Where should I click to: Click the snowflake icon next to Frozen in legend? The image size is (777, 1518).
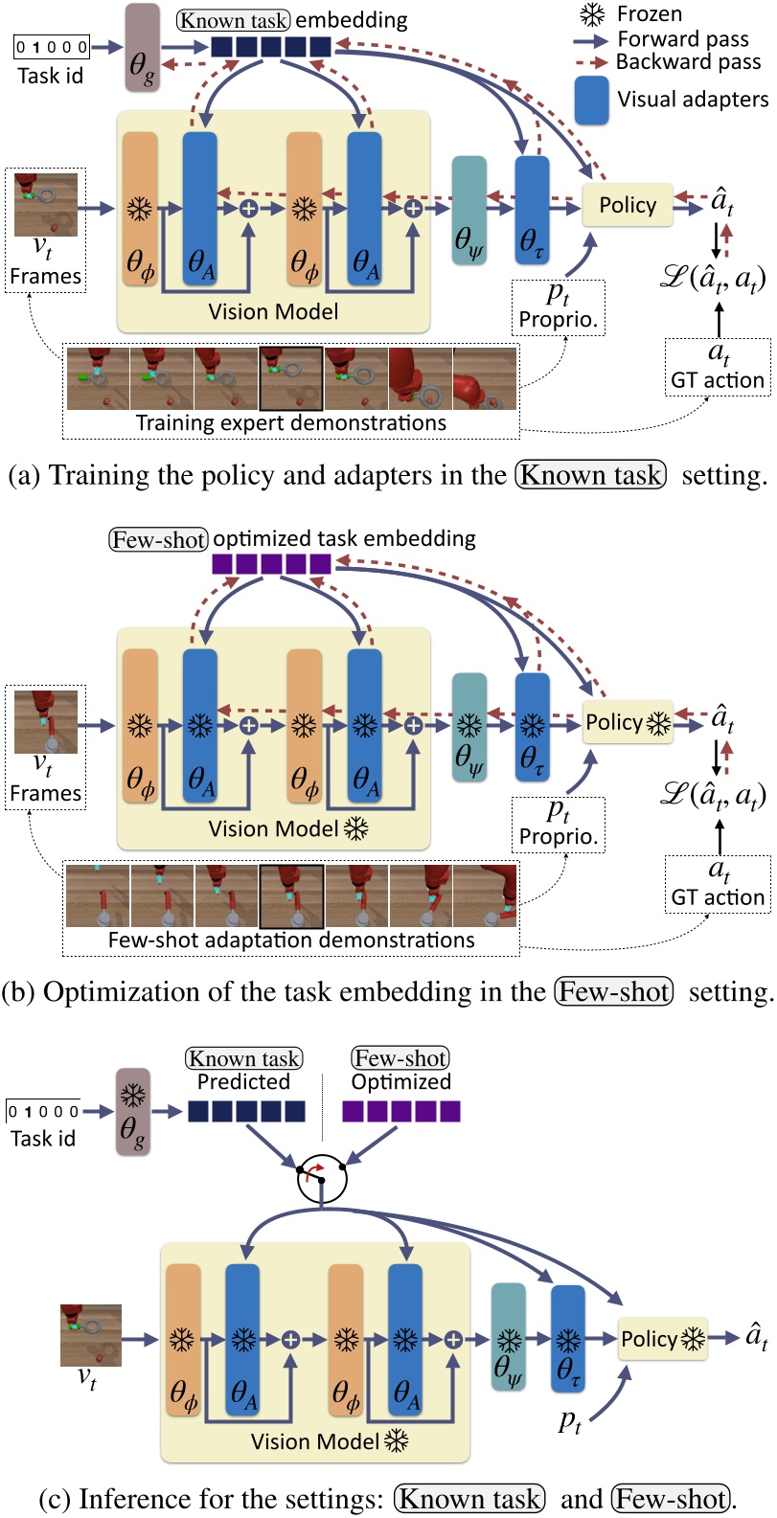pyautogui.click(x=593, y=14)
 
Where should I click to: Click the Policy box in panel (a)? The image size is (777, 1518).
pyautogui.click(x=628, y=205)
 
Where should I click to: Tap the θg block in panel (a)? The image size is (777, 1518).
pyautogui.click(x=143, y=48)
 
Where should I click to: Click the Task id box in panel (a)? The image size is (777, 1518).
pyautogui.click(x=52, y=47)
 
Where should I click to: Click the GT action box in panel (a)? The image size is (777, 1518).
pyautogui.click(x=718, y=366)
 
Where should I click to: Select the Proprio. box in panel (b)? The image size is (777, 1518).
pyautogui.click(x=558, y=825)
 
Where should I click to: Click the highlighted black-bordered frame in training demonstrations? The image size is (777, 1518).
pyautogui.click(x=291, y=378)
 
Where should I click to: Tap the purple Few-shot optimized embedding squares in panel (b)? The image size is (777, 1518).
pyautogui.click(x=271, y=564)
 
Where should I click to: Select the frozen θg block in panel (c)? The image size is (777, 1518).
pyautogui.click(x=133, y=1111)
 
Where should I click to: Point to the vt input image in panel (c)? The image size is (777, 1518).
pyautogui.click(x=91, y=1334)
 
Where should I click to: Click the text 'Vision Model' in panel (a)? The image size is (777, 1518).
pyautogui.click(x=273, y=311)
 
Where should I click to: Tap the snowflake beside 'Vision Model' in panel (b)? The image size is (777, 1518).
pyautogui.click(x=355, y=828)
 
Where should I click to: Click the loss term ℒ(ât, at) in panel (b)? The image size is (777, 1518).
pyautogui.click(x=714, y=795)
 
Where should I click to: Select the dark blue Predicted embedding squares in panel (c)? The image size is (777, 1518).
pyautogui.click(x=246, y=1111)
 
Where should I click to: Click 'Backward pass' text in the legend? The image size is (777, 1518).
pyautogui.click(x=688, y=62)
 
